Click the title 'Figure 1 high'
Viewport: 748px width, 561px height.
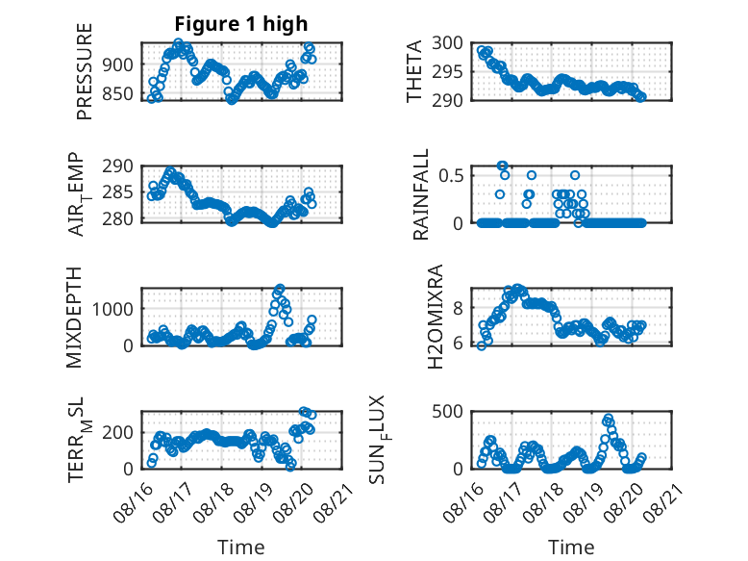click(241, 24)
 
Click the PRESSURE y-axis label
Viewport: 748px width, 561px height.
click(84, 71)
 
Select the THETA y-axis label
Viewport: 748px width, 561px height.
click(414, 71)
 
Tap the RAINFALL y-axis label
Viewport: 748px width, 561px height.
click(421, 194)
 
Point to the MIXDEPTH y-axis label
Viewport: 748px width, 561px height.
click(74, 318)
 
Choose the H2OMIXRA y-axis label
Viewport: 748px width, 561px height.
click(436, 317)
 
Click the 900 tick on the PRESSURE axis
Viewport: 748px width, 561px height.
click(118, 64)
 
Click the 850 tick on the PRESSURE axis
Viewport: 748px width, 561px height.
click(118, 93)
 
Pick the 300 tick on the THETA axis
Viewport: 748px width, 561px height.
click(447, 43)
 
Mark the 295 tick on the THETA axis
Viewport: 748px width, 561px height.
click(447, 71)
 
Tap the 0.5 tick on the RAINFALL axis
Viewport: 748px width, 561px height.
click(451, 175)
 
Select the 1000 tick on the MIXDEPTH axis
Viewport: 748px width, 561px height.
click(112, 309)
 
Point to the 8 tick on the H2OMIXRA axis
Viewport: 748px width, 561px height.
click(458, 308)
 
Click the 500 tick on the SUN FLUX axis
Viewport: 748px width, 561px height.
click(447, 411)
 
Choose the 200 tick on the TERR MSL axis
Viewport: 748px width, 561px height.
click(118, 432)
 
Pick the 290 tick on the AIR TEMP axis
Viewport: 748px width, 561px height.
click(118, 166)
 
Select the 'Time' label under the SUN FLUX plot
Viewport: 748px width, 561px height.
click(571, 547)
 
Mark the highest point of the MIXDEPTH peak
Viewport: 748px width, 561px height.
click(280, 289)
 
